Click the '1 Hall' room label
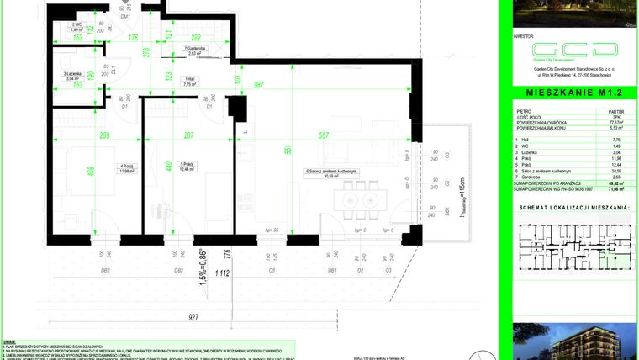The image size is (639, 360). tap(190, 82)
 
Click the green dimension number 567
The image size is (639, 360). tap(324, 136)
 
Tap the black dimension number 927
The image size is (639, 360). tap(194, 318)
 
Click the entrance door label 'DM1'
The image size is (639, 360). tap(125, 16)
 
